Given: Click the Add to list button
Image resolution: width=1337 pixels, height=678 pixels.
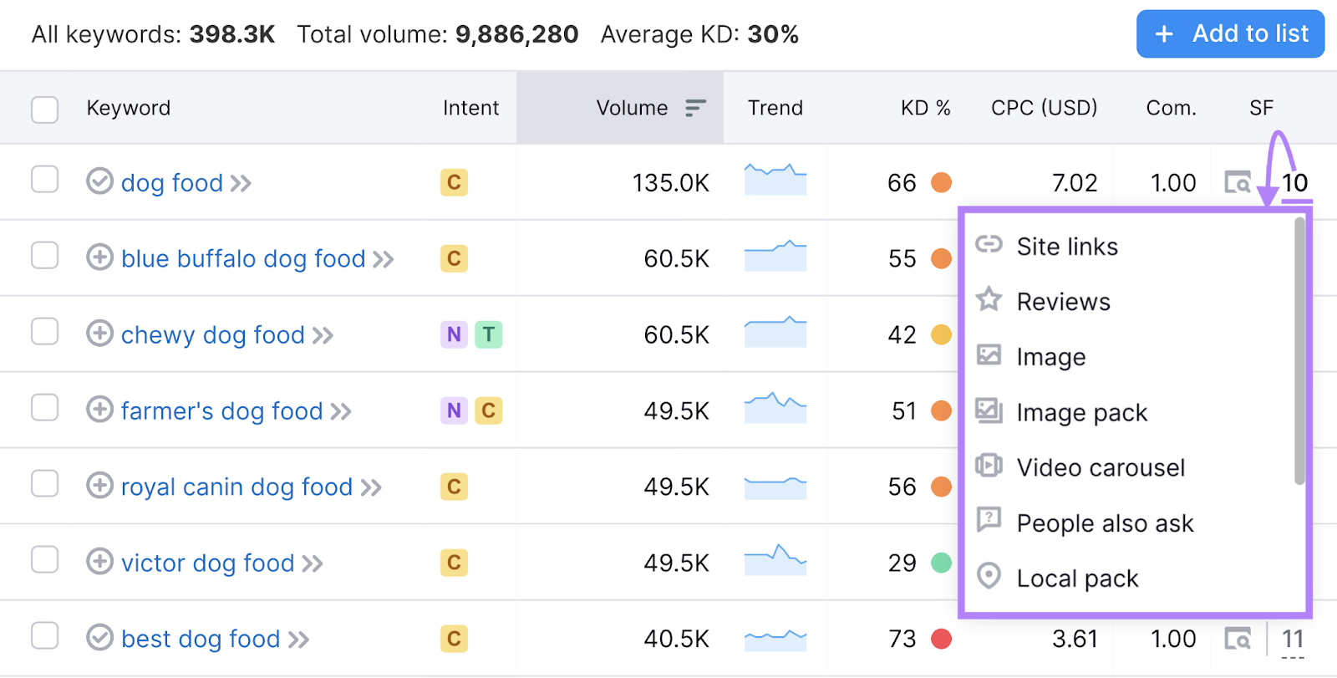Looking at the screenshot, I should point(1230,34).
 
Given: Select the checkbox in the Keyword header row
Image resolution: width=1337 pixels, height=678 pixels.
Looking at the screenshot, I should point(44,110).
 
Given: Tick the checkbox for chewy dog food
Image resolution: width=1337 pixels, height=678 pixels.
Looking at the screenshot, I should point(44,332).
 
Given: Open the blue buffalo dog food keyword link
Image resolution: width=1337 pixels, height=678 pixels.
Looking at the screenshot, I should point(243,259).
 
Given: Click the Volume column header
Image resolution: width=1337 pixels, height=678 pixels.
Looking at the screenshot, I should point(632,108).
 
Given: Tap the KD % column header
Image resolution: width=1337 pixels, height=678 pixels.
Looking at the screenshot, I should point(925,108).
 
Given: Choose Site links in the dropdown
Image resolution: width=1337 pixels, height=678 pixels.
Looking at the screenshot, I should point(1067,247).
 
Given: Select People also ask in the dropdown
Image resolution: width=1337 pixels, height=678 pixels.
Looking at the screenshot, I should point(1105,523).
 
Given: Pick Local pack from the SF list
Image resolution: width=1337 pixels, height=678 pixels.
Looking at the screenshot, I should point(1077,579).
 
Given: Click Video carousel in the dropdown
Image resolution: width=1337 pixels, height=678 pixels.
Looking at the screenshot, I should point(1101,468).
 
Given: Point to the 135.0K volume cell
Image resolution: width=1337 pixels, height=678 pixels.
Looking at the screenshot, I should point(670,183).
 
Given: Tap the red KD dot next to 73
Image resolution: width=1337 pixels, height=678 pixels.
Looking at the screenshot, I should point(942,640).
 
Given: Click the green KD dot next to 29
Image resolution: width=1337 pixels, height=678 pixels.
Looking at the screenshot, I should point(942,563).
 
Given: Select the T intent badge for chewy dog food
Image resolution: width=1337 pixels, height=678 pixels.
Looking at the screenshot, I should point(489,335).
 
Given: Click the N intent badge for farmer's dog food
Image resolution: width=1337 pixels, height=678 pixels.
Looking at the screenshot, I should point(454,411).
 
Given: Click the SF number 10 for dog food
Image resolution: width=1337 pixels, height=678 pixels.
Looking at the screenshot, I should point(1294,183).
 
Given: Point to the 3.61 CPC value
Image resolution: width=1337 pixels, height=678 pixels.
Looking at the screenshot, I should point(1075,640).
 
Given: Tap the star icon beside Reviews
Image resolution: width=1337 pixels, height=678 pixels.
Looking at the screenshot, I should point(989,299).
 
